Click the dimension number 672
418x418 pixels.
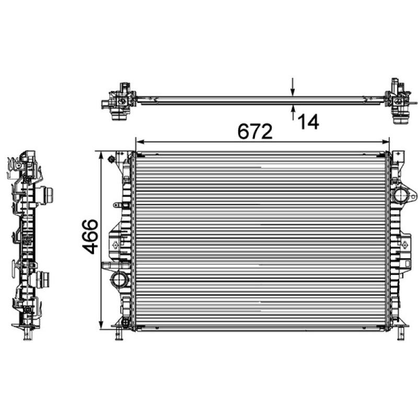pos(256,132)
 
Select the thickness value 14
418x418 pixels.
pos(308,122)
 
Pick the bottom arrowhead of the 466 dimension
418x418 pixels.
pos(100,324)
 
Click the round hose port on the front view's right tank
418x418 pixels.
pos(403,198)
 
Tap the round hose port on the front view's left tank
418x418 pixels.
pos(118,279)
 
